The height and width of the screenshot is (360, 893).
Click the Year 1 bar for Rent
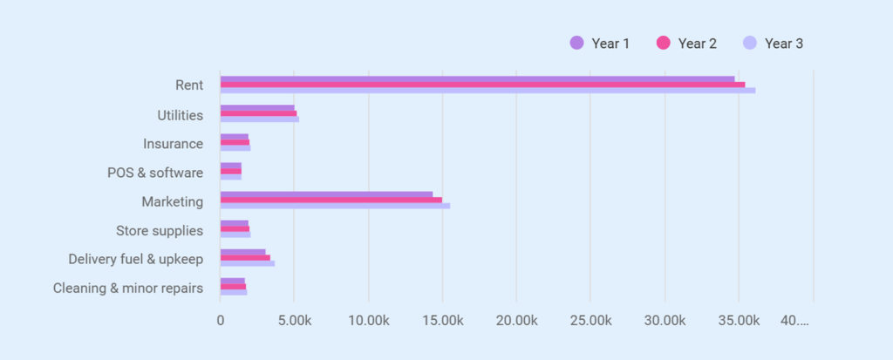(477, 79)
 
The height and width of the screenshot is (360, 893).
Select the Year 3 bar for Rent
(487, 91)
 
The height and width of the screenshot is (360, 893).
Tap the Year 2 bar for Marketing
(331, 200)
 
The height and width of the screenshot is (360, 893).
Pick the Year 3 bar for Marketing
(335, 206)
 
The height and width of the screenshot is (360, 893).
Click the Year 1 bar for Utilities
(257, 108)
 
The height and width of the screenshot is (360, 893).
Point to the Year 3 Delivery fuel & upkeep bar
(248, 263)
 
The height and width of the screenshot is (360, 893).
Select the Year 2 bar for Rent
(482, 85)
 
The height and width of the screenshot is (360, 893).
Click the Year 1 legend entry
(599, 43)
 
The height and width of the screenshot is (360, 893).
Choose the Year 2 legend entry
(686, 43)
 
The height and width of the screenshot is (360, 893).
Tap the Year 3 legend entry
(773, 43)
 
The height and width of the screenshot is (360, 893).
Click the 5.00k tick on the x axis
(294, 321)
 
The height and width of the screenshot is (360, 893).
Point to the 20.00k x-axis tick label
(516, 321)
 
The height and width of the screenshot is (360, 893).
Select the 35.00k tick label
(739, 321)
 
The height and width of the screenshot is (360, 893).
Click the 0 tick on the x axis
(221, 321)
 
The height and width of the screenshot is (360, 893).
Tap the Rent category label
(188, 85)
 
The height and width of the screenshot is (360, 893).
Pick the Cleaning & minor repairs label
(128, 288)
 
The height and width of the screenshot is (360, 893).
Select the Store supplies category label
(160, 230)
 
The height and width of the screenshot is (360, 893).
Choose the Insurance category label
(173, 144)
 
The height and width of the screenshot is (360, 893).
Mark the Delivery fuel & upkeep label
(136, 259)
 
